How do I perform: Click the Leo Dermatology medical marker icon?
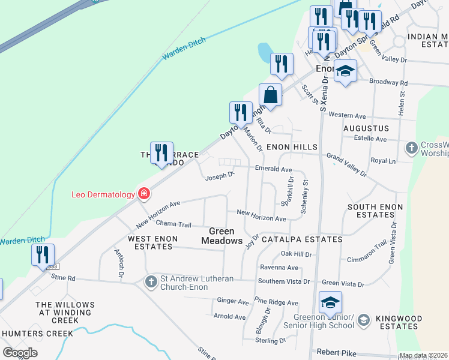(x=143, y=194)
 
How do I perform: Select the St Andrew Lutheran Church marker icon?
(x=151, y=281)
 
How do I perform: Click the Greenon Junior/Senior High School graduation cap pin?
(x=330, y=304)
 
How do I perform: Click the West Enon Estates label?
(x=153, y=242)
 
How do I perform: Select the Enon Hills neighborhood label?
(x=292, y=147)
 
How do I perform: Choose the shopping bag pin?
(x=271, y=95)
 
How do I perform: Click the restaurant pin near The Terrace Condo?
(x=161, y=153)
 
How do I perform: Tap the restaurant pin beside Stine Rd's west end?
(x=43, y=255)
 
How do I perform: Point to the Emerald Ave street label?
(x=274, y=170)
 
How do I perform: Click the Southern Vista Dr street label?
(x=283, y=281)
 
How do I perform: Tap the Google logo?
(x=20, y=353)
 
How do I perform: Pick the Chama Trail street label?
(x=173, y=225)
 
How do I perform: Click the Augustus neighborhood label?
(x=366, y=128)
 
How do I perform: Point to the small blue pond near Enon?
(x=264, y=53)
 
